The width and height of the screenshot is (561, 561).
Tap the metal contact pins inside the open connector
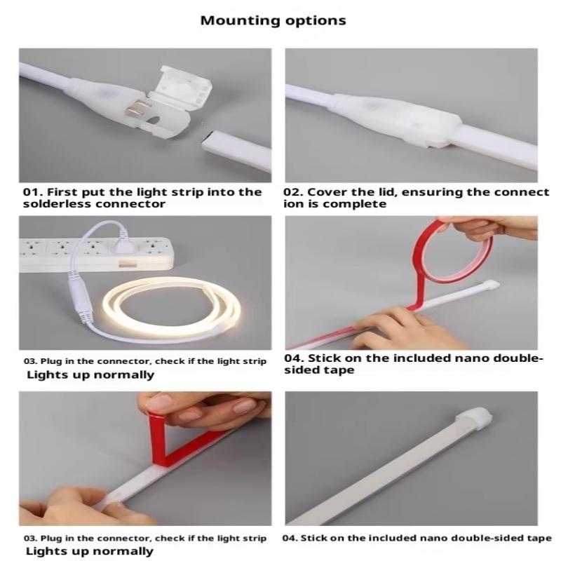point(137,109)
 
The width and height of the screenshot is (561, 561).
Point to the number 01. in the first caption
point(33,192)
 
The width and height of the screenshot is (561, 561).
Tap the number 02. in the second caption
point(293,192)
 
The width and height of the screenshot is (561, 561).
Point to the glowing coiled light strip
point(172,308)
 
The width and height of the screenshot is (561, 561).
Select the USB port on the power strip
point(128,265)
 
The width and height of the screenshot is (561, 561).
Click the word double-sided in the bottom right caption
point(482,538)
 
